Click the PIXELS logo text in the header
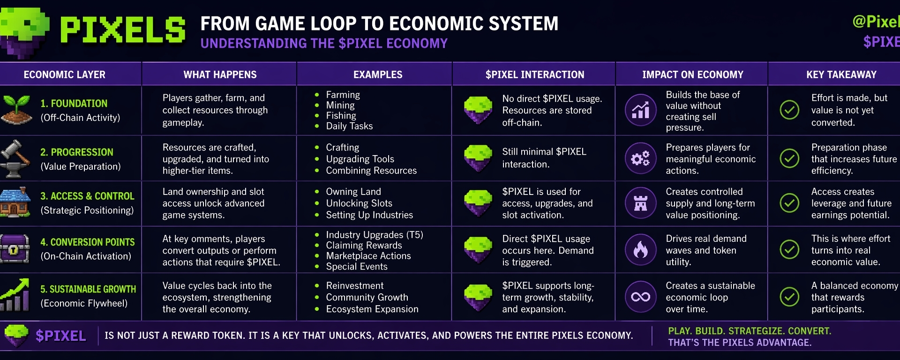pyautogui.click(x=123, y=30)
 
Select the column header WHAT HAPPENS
pyautogui.click(x=220, y=75)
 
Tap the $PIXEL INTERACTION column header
pyautogui.click(x=535, y=75)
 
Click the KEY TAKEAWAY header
pyautogui.click(x=841, y=75)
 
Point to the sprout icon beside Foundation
pyautogui.click(x=16, y=110)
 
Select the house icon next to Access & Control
pyautogui.click(x=15, y=202)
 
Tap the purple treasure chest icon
pyautogui.click(x=15, y=248)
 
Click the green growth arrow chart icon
pyautogui.click(x=15, y=295)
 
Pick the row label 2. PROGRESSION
pyautogui.click(x=77, y=152)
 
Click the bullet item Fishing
pyautogui.click(x=341, y=116)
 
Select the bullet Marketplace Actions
pyautogui.click(x=368, y=256)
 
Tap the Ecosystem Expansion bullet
pyautogui.click(x=372, y=309)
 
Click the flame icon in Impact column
pyautogui.click(x=640, y=249)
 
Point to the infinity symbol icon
pyautogui.click(x=640, y=297)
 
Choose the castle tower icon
pyautogui.click(x=640, y=203)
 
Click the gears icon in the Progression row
pyautogui.click(x=640, y=158)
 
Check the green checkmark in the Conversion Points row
pyautogui.click(x=789, y=249)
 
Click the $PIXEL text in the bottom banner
pyautogui.click(x=61, y=336)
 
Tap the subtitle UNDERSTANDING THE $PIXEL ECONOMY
pyautogui.click(x=324, y=44)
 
